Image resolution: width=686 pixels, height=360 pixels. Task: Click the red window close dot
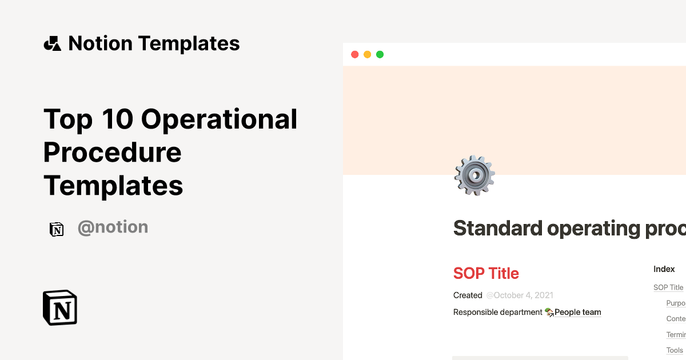tap(354, 55)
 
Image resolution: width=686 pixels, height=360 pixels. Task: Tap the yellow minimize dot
tap(367, 55)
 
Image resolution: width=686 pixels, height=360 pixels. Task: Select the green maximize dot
tap(380, 55)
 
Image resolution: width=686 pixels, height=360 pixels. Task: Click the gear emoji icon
tap(474, 175)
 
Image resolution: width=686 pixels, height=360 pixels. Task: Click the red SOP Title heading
tap(486, 273)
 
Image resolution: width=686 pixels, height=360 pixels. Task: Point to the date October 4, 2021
tap(520, 295)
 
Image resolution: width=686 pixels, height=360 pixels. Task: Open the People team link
tap(577, 312)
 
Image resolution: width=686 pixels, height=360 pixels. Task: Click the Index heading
tap(664, 269)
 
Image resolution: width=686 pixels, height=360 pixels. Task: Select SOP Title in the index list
tap(668, 287)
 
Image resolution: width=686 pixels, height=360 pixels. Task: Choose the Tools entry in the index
tap(675, 350)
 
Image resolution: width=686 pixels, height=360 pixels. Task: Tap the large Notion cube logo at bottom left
tap(60, 308)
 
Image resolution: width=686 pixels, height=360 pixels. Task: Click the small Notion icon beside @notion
tap(57, 229)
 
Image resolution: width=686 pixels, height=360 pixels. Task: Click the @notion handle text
tap(113, 227)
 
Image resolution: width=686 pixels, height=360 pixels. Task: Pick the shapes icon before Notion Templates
tap(53, 43)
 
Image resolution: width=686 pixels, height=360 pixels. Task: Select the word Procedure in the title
tap(113, 152)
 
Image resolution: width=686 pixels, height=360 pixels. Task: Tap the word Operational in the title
tap(219, 119)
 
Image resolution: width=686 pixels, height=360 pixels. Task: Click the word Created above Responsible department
tap(468, 295)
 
